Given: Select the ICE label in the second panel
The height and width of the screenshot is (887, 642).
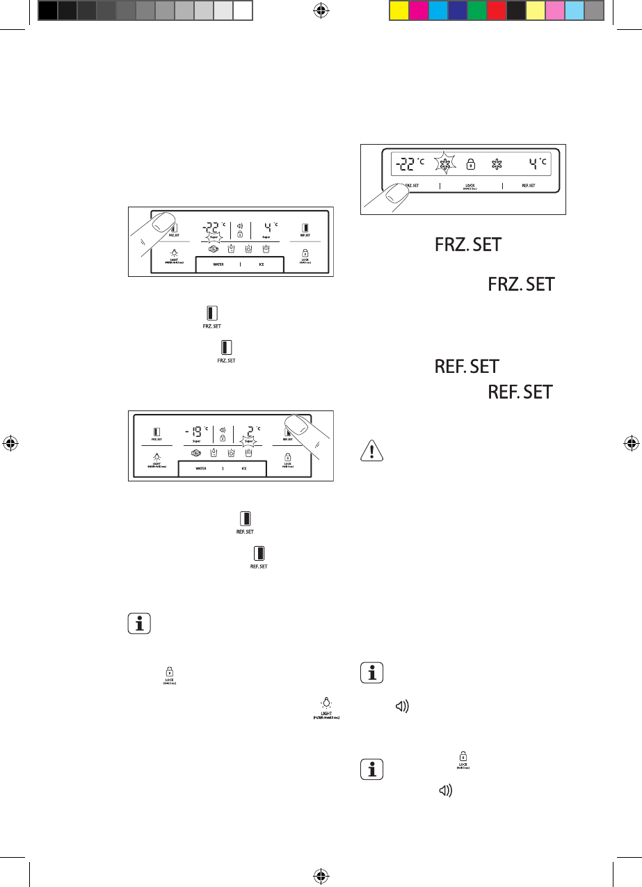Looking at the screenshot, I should coord(244,469).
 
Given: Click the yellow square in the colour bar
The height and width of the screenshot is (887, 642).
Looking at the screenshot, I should coord(399,10).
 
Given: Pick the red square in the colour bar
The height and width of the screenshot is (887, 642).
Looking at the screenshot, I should coord(497,10).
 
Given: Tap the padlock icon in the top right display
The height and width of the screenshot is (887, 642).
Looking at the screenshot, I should coord(471,165).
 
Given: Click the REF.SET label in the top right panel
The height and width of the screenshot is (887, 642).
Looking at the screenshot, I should coord(528,186).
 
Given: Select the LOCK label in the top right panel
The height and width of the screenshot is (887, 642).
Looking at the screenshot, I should coord(470,186).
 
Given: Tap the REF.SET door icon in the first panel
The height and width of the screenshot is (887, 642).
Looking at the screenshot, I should coord(305,227).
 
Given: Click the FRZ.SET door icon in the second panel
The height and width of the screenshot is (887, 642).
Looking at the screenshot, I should coord(157,432).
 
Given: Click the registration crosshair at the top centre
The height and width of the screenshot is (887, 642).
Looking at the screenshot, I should coord(321,10).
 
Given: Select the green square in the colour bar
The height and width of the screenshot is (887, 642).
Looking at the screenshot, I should coord(477,10).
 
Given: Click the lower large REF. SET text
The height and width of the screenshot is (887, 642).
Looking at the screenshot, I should coord(521,393).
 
